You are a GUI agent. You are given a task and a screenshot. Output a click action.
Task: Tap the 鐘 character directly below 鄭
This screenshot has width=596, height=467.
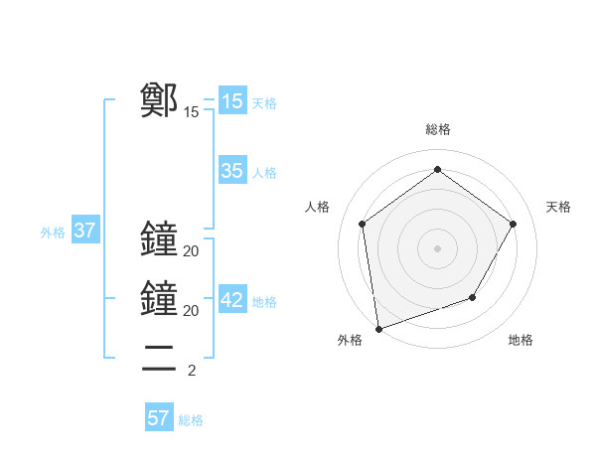pyautogui.click(x=159, y=239)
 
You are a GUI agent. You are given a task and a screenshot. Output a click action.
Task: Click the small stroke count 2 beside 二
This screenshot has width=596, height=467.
pyautogui.click(x=191, y=371)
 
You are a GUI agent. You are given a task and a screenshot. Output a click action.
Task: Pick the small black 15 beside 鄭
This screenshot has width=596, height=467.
pyautogui.click(x=191, y=112)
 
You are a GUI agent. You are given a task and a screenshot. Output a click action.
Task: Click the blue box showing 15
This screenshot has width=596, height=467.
pyautogui.click(x=231, y=100)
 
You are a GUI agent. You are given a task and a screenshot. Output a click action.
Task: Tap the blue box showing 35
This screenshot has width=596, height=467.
pyautogui.click(x=231, y=171)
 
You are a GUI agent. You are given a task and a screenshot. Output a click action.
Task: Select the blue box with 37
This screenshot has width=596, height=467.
pyautogui.click(x=84, y=232)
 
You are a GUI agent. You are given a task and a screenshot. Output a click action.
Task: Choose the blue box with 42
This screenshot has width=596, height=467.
pyautogui.click(x=231, y=301)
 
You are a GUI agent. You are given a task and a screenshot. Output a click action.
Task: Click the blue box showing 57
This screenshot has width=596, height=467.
pyautogui.click(x=158, y=418)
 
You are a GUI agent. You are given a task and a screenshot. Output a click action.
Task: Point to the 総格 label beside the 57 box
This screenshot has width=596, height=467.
pyautogui.click(x=191, y=420)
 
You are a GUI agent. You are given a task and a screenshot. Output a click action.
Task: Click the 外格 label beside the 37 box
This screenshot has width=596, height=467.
pyautogui.click(x=53, y=233)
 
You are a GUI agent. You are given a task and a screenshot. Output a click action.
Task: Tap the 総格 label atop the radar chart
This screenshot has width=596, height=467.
pyautogui.click(x=437, y=129)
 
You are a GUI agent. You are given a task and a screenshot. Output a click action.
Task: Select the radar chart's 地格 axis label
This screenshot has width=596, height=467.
pyautogui.click(x=521, y=340)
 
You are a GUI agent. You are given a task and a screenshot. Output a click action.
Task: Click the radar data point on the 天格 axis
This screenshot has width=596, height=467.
pyautogui.click(x=513, y=224)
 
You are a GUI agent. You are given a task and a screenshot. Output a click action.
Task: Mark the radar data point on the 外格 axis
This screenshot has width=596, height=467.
pyautogui.click(x=378, y=328)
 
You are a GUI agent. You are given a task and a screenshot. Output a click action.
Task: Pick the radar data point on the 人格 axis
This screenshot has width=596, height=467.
pyautogui.click(x=363, y=224)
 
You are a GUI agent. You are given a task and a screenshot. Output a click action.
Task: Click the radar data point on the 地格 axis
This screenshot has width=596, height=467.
pyautogui.click(x=473, y=297)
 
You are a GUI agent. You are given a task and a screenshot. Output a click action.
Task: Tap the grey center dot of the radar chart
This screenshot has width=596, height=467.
pyautogui.click(x=437, y=247)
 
